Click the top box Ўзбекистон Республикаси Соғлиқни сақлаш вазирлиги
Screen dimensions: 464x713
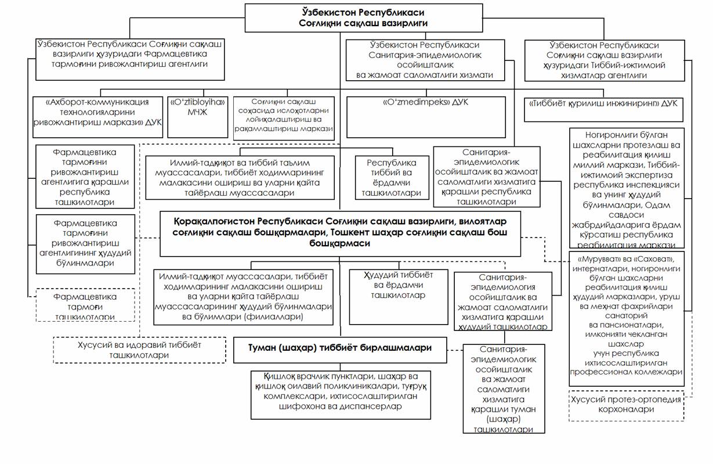pyautogui.click(x=363, y=17)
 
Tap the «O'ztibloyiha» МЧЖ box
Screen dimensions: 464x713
pyautogui.click(x=197, y=117)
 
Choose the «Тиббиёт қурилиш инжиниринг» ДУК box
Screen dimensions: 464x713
pyautogui.click(x=604, y=109)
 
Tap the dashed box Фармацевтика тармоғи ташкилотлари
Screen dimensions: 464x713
pyautogui.click(x=85, y=305)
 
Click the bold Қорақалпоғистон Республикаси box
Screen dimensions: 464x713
pyautogui.click(x=340, y=233)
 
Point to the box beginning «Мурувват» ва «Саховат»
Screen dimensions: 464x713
pyautogui.click(x=626, y=318)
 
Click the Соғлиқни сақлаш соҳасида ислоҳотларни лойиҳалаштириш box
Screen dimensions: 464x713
pyautogui.click(x=284, y=118)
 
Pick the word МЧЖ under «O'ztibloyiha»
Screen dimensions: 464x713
pyautogui.click(x=197, y=113)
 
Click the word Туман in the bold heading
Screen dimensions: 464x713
pyautogui.click(x=256, y=347)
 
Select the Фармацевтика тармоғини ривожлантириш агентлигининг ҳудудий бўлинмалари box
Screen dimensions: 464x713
pyautogui.click(x=85, y=243)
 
